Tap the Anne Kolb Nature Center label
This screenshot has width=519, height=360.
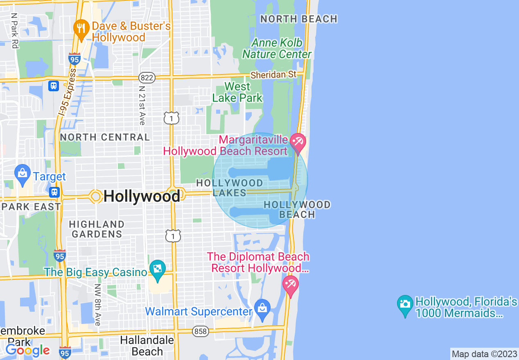coord(277,49)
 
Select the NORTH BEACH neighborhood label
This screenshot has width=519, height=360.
coord(299,19)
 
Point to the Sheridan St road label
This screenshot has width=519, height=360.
coord(273,75)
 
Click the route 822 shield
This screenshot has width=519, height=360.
coord(147,77)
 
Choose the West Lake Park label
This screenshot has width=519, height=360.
coord(237,92)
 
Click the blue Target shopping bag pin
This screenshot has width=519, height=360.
coord(22,174)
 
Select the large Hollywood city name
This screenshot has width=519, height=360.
coord(142,196)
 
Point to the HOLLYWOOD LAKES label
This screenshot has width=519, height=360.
coord(229,188)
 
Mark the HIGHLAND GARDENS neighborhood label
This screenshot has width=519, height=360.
coord(97,229)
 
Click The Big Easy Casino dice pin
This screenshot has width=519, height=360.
coord(157,270)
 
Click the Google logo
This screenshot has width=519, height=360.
coord(27,350)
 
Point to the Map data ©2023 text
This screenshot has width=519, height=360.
coord(484,354)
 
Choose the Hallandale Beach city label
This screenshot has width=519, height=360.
coord(147,346)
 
